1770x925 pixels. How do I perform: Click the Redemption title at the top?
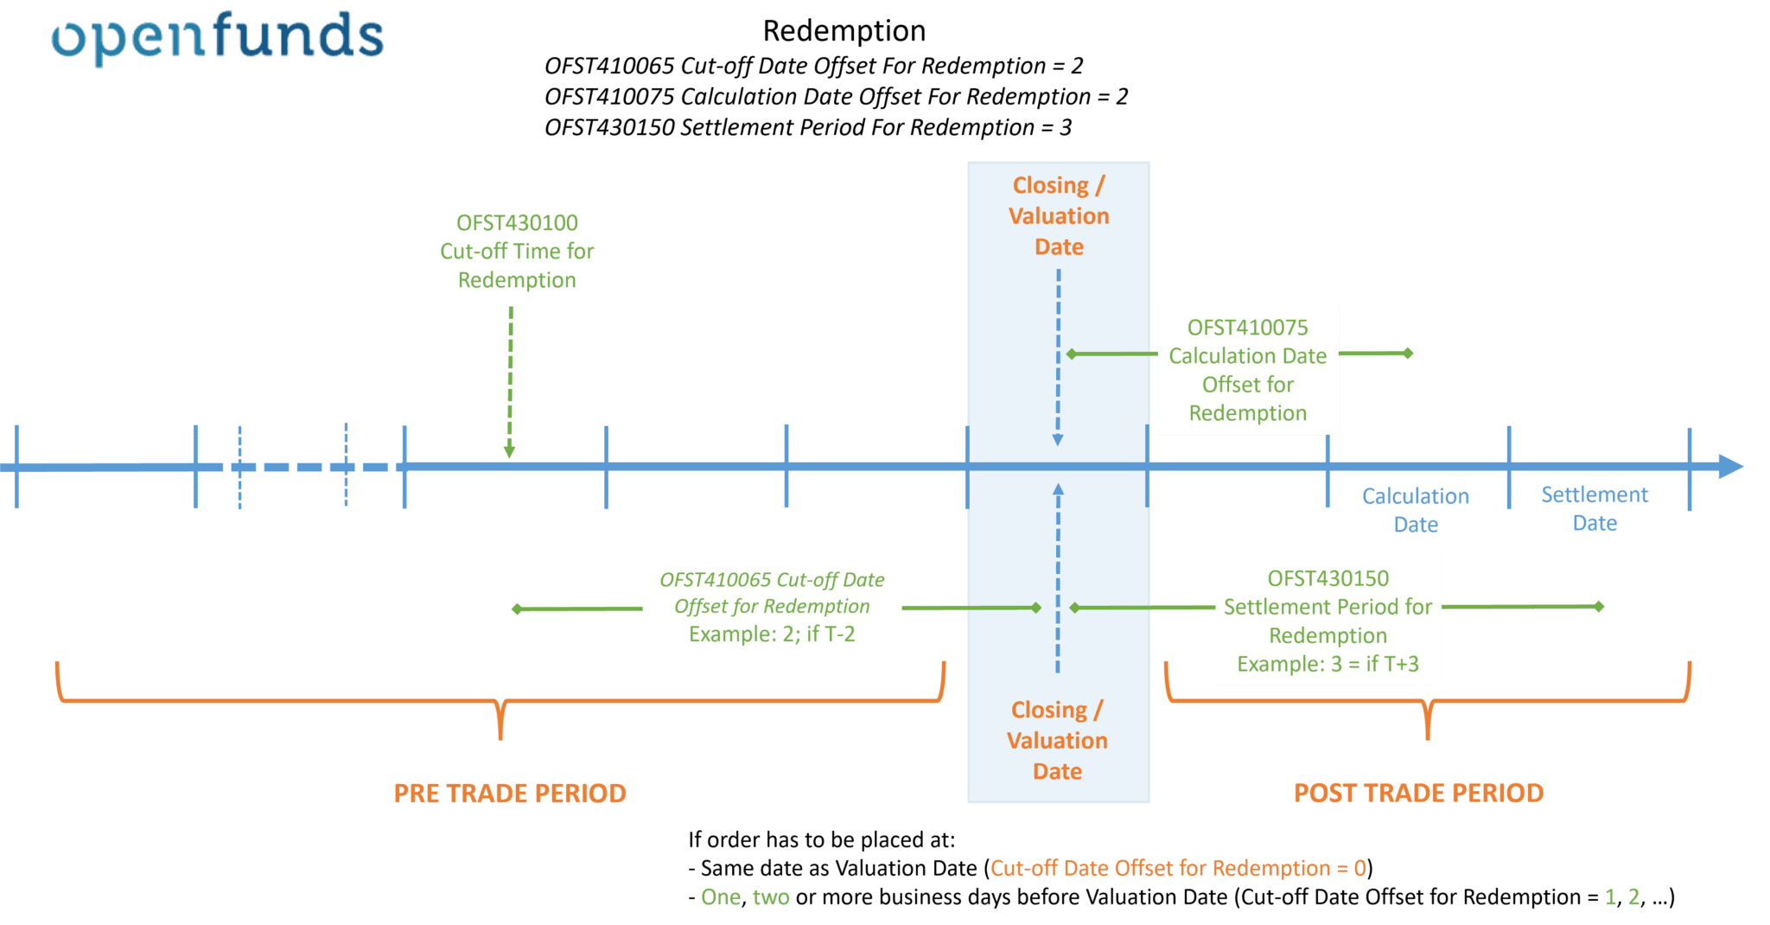pos(844,31)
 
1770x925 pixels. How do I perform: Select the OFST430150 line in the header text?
pos(807,128)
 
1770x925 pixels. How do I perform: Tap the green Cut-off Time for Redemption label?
pos(517,252)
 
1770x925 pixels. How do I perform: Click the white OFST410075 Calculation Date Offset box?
pos(1247,370)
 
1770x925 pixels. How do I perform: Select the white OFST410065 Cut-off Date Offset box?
pos(772,607)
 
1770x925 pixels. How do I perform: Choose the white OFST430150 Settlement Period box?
pos(1327,621)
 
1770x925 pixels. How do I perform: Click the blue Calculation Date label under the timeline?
pos(1416,510)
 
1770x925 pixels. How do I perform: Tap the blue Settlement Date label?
pos(1595,508)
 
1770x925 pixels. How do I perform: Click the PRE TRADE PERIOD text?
pos(510,794)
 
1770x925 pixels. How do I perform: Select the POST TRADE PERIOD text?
pos(1418,793)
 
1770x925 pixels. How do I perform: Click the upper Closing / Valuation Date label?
pos(1059,216)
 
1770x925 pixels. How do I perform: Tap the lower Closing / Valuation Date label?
pos(1057,741)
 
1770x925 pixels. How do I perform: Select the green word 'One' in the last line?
pos(720,897)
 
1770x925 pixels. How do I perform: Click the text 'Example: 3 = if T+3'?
pos(1327,664)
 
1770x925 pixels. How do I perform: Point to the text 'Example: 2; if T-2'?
pos(772,635)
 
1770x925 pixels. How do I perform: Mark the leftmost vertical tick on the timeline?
pos(16,467)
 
